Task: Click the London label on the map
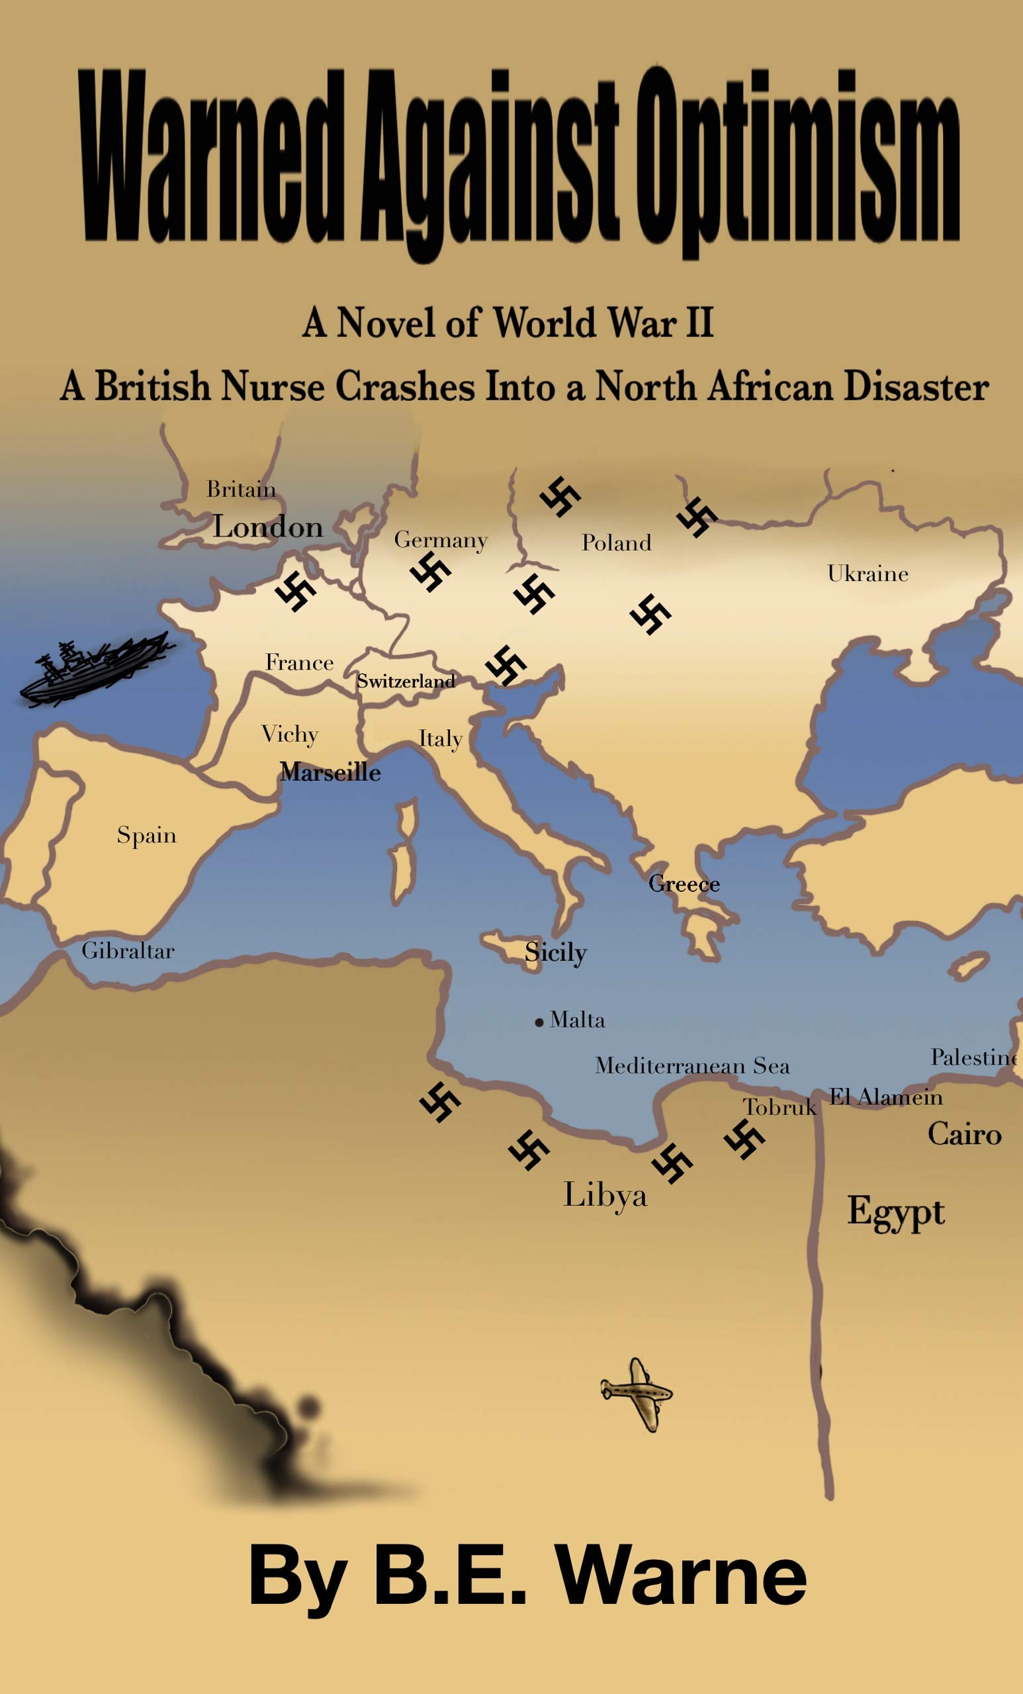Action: coord(267,527)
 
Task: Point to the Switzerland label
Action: coord(406,682)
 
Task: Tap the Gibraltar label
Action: coord(128,951)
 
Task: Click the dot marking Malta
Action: coord(539,1023)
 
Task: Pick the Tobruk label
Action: coord(779,1107)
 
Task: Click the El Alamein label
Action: coord(885,1096)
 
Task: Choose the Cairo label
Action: coord(964,1134)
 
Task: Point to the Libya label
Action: coord(605,1195)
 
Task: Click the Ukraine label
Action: coord(867,573)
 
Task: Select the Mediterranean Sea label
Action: coord(692,1065)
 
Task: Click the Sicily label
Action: coord(555,953)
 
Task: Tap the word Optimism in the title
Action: coord(797,165)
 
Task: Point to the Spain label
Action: coord(146,835)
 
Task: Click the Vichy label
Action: coord(289,735)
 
